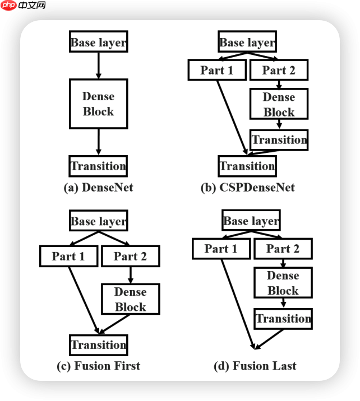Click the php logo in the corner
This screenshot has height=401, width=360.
(9, 6)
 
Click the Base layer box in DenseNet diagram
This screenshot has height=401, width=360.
(98, 42)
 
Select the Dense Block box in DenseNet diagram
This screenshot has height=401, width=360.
(98, 104)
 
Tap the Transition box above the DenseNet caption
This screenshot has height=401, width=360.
(98, 166)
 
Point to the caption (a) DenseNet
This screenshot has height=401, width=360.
(99, 188)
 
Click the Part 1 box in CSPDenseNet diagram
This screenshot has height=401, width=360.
(216, 70)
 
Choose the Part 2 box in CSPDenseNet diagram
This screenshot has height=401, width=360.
(278, 70)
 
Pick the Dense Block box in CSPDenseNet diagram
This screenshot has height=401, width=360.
(279, 104)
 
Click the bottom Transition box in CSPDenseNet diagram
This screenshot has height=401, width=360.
(247, 166)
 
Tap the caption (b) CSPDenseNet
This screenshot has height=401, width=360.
(247, 188)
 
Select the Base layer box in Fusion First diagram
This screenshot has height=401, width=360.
(98, 221)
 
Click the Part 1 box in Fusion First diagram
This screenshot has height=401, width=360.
(68, 257)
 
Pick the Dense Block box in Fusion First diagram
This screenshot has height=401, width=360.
(130, 299)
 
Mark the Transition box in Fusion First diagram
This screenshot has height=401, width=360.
(98, 344)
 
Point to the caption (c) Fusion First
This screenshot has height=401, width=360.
(99, 366)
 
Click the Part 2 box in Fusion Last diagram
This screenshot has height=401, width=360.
(283, 249)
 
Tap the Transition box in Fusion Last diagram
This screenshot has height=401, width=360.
(283, 319)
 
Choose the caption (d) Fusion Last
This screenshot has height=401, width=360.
(255, 366)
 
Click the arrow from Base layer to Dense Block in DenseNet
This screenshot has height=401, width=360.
(98, 65)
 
